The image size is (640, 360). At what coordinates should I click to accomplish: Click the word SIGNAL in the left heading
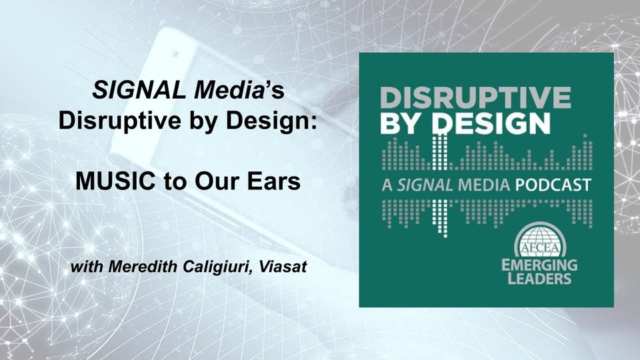pos(139,90)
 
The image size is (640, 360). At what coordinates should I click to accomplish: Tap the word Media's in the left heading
pos(239,90)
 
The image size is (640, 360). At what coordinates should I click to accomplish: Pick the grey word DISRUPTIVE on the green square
pos(475,98)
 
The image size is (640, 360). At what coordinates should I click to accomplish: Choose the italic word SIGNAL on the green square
pos(425,185)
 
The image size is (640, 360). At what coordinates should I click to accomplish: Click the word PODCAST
pos(553,185)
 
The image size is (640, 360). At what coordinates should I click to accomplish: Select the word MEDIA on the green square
pos(484,185)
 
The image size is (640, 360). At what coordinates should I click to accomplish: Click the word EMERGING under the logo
pos(539,265)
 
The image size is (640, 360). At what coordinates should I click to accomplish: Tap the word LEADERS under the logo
pos(539,279)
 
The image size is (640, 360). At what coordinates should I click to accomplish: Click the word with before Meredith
pos(87,267)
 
